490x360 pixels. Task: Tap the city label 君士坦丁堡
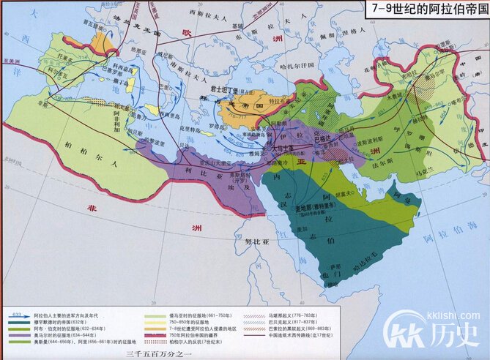click(220, 87)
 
